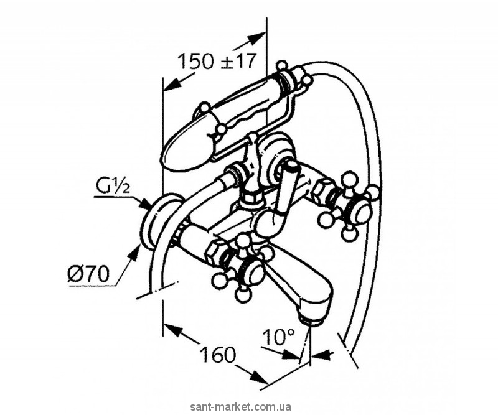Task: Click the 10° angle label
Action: (x=279, y=338)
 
